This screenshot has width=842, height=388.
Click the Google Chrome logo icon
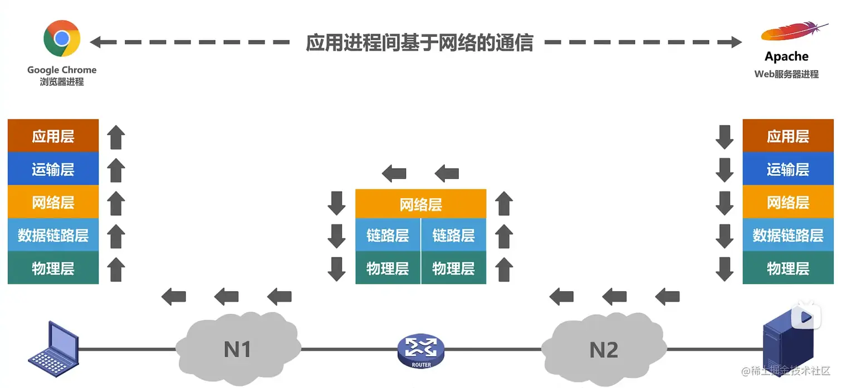pyautogui.click(x=62, y=38)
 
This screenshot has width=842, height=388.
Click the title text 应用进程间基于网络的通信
pyautogui.click(x=419, y=42)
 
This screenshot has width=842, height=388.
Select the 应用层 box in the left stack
pyautogui.click(x=53, y=136)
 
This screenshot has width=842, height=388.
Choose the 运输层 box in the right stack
pyautogui.click(x=787, y=169)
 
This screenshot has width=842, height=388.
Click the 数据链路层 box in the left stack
pyautogui.click(x=53, y=235)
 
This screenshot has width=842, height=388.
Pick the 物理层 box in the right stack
pyautogui.click(x=787, y=268)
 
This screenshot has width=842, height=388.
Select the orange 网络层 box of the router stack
pyautogui.click(x=420, y=204)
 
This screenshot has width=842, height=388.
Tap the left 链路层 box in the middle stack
pyautogui.click(x=388, y=235)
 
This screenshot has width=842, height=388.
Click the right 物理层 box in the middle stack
pyautogui.click(x=453, y=268)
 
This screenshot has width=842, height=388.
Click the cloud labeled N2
pyautogui.click(x=604, y=349)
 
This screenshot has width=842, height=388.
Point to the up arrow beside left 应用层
pyautogui.click(x=116, y=137)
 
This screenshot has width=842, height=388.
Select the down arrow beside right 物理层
pyautogui.click(x=724, y=268)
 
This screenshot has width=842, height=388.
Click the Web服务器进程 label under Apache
pyautogui.click(x=786, y=74)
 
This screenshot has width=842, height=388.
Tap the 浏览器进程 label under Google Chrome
pyautogui.click(x=62, y=82)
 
